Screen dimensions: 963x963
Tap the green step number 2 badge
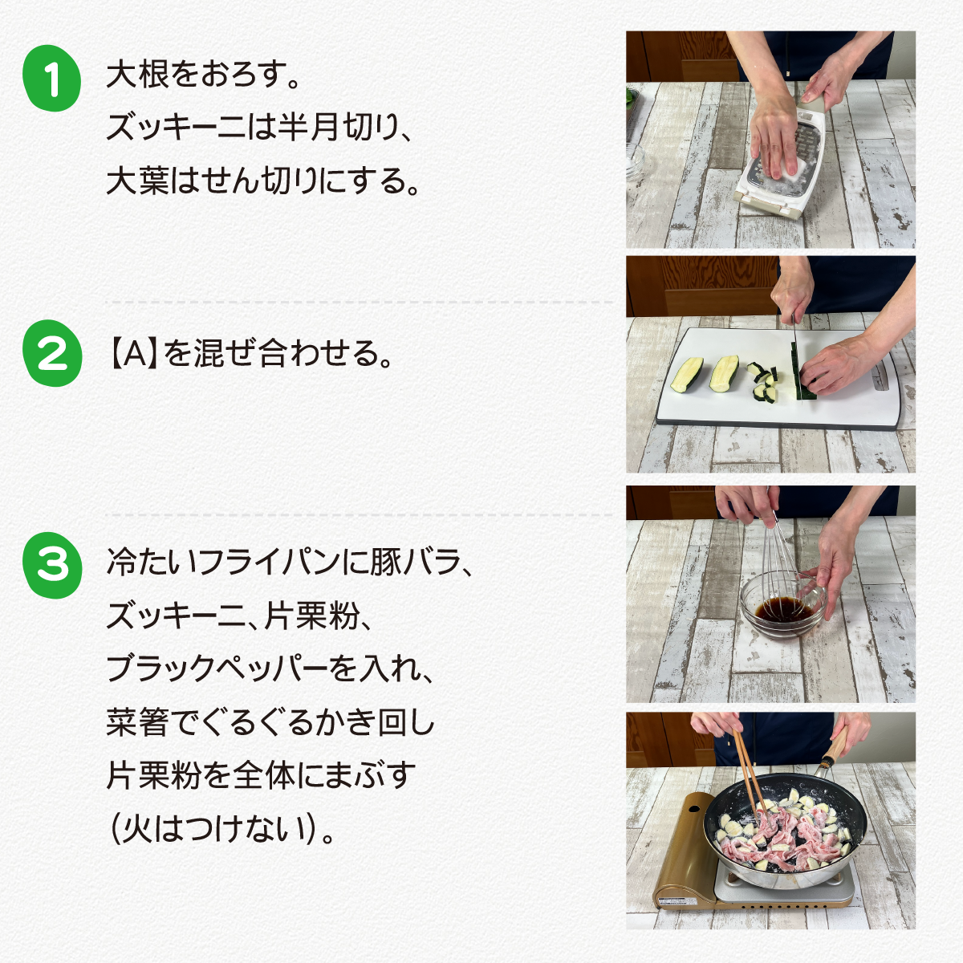pyautogui.click(x=52, y=353)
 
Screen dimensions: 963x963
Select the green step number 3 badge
pyautogui.click(x=52, y=565)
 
